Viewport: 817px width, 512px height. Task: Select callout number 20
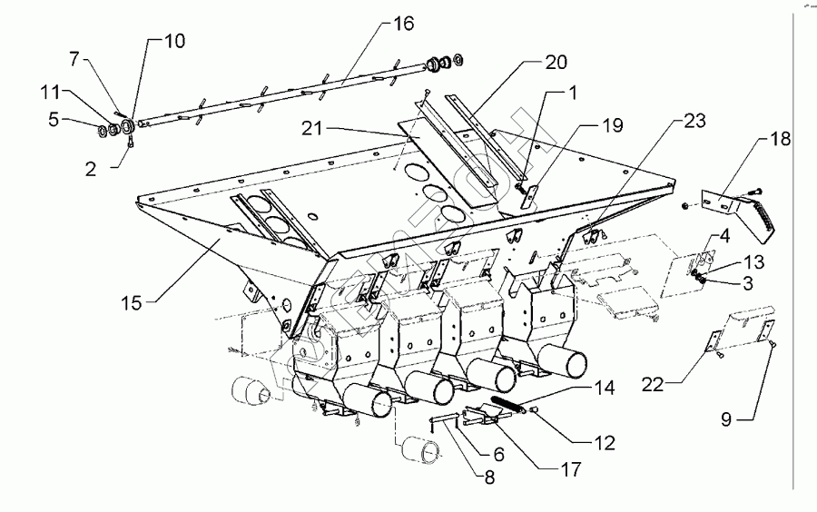pyautogui.click(x=556, y=63)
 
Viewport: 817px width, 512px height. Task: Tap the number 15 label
pyautogui.click(x=133, y=302)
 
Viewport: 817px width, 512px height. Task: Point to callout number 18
pyautogui.click(x=780, y=139)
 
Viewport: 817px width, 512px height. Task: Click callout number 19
pyautogui.click(x=613, y=124)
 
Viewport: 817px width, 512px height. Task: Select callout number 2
pyautogui.click(x=91, y=169)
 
